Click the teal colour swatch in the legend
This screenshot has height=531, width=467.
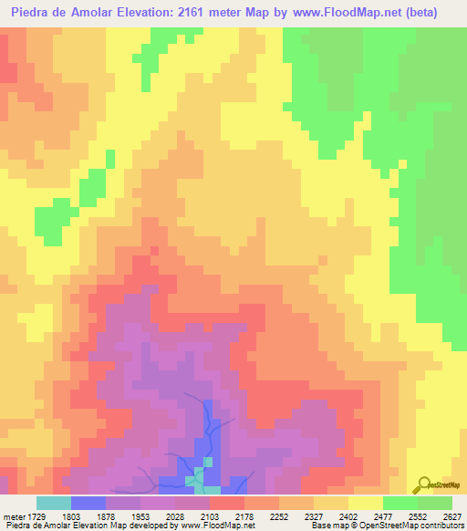point(54,503)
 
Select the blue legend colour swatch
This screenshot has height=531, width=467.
point(88,503)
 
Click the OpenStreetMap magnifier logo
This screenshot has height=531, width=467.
point(423,484)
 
